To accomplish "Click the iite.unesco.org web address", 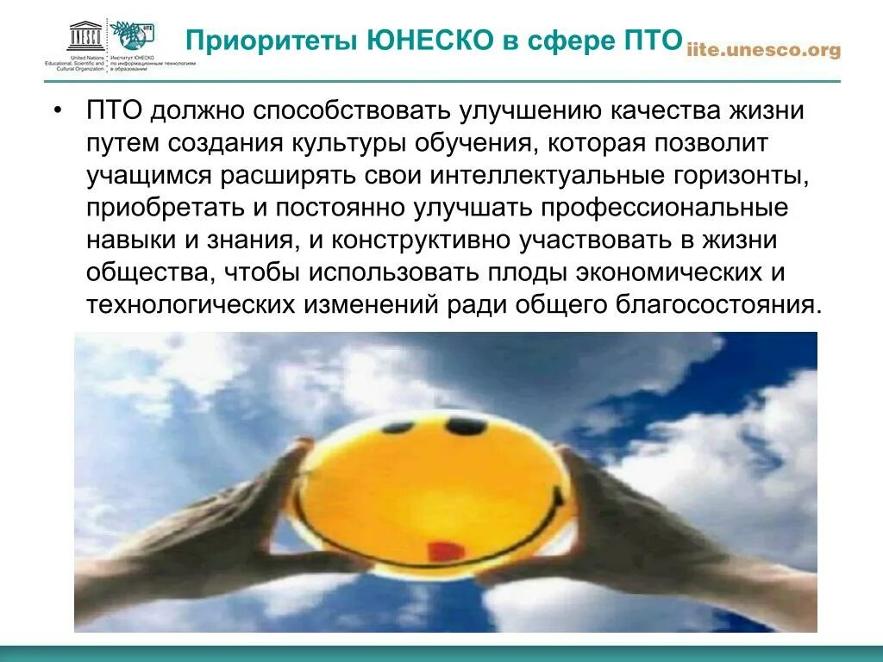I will pyautogui.click(x=763, y=51).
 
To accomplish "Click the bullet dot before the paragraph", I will pyautogui.click(x=58, y=112).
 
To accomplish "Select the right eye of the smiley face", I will pyautogui.click(x=466, y=425).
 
